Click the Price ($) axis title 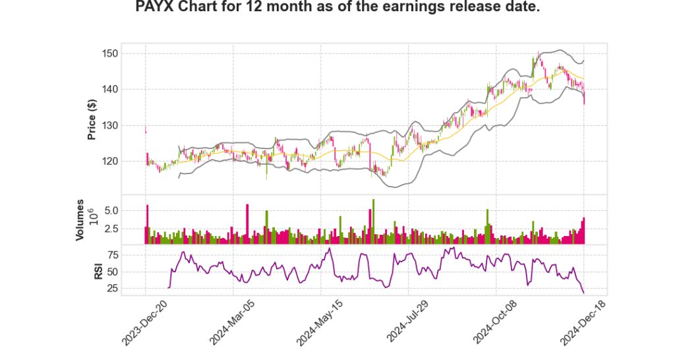tap(92, 119)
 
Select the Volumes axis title tap(80, 220)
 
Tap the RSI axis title tap(98, 271)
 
